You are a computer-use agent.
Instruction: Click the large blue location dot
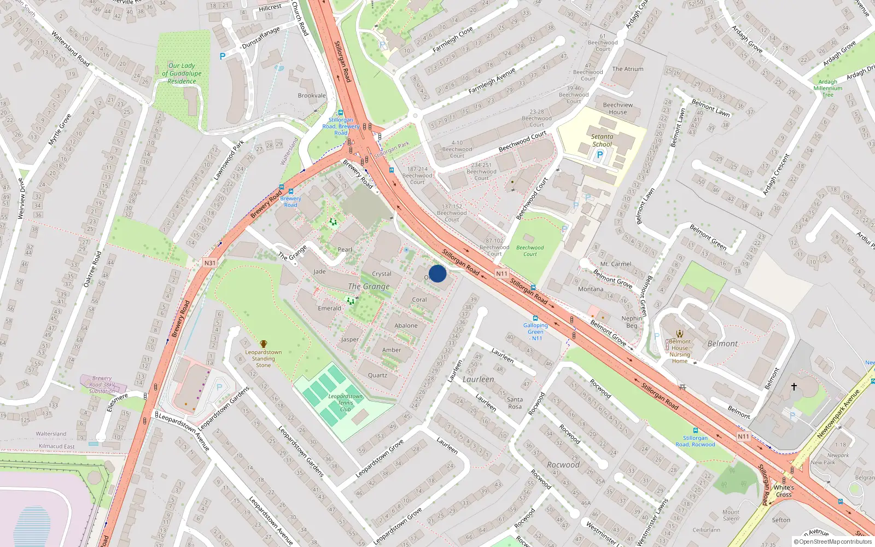pyautogui.click(x=437, y=273)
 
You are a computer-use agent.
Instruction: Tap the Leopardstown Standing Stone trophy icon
pyautogui.click(x=264, y=344)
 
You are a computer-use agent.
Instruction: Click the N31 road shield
pyautogui.click(x=209, y=263)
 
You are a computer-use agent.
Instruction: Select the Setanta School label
pyautogui.click(x=602, y=141)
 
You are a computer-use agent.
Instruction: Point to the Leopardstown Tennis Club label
pyautogui.click(x=346, y=403)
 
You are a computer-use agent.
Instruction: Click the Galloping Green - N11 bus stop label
pyautogui.click(x=535, y=331)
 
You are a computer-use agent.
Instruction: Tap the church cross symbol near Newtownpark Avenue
pyautogui.click(x=794, y=387)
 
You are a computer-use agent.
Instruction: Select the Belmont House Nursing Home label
pyautogui.click(x=680, y=351)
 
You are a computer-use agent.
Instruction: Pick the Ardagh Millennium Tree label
pyautogui.click(x=828, y=88)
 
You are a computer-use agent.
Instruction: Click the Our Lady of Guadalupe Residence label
pyautogui.click(x=182, y=73)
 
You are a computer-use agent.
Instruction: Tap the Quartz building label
pyautogui.click(x=377, y=375)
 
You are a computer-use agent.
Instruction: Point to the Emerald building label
pyautogui.click(x=330, y=309)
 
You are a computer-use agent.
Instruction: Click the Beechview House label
pyautogui.click(x=618, y=108)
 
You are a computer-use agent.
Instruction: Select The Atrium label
pyautogui.click(x=628, y=69)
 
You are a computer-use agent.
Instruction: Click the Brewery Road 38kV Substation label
pyautogui.click(x=102, y=385)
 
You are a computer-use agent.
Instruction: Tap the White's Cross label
pyautogui.click(x=784, y=491)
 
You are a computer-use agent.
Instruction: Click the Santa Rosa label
pyautogui.click(x=515, y=403)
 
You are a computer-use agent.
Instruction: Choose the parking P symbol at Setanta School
pyautogui.click(x=600, y=155)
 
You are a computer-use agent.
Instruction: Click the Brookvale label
pyautogui.click(x=312, y=96)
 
